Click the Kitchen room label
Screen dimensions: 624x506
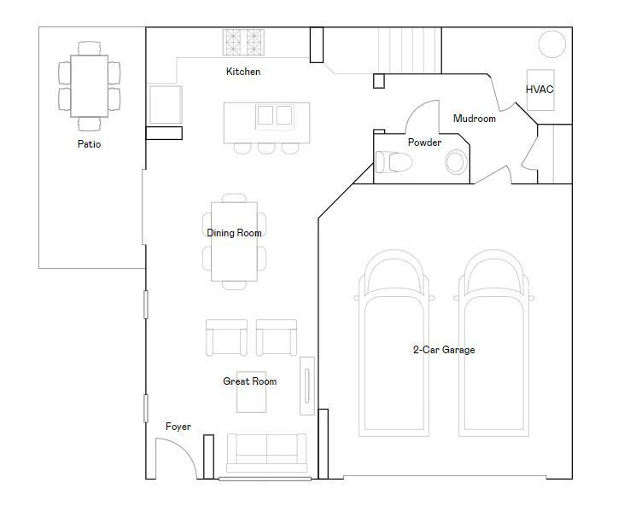243,72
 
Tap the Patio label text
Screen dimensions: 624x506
89,144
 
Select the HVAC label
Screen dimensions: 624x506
539,89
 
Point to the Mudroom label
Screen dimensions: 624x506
475,118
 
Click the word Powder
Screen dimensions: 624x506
424,142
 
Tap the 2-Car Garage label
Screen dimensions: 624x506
444,350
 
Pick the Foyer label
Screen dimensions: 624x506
178,427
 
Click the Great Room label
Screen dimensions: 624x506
250,381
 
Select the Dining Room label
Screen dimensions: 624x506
235,233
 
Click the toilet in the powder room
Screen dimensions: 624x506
394,162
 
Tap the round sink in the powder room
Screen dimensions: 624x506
456,162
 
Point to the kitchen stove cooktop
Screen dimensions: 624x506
243,42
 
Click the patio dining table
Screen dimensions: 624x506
89,86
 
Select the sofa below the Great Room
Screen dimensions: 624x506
266,453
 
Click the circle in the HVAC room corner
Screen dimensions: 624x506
552,44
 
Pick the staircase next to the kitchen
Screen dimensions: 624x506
410,50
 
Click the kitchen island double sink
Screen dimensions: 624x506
275,116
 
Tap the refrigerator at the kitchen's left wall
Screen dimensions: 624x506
166,105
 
